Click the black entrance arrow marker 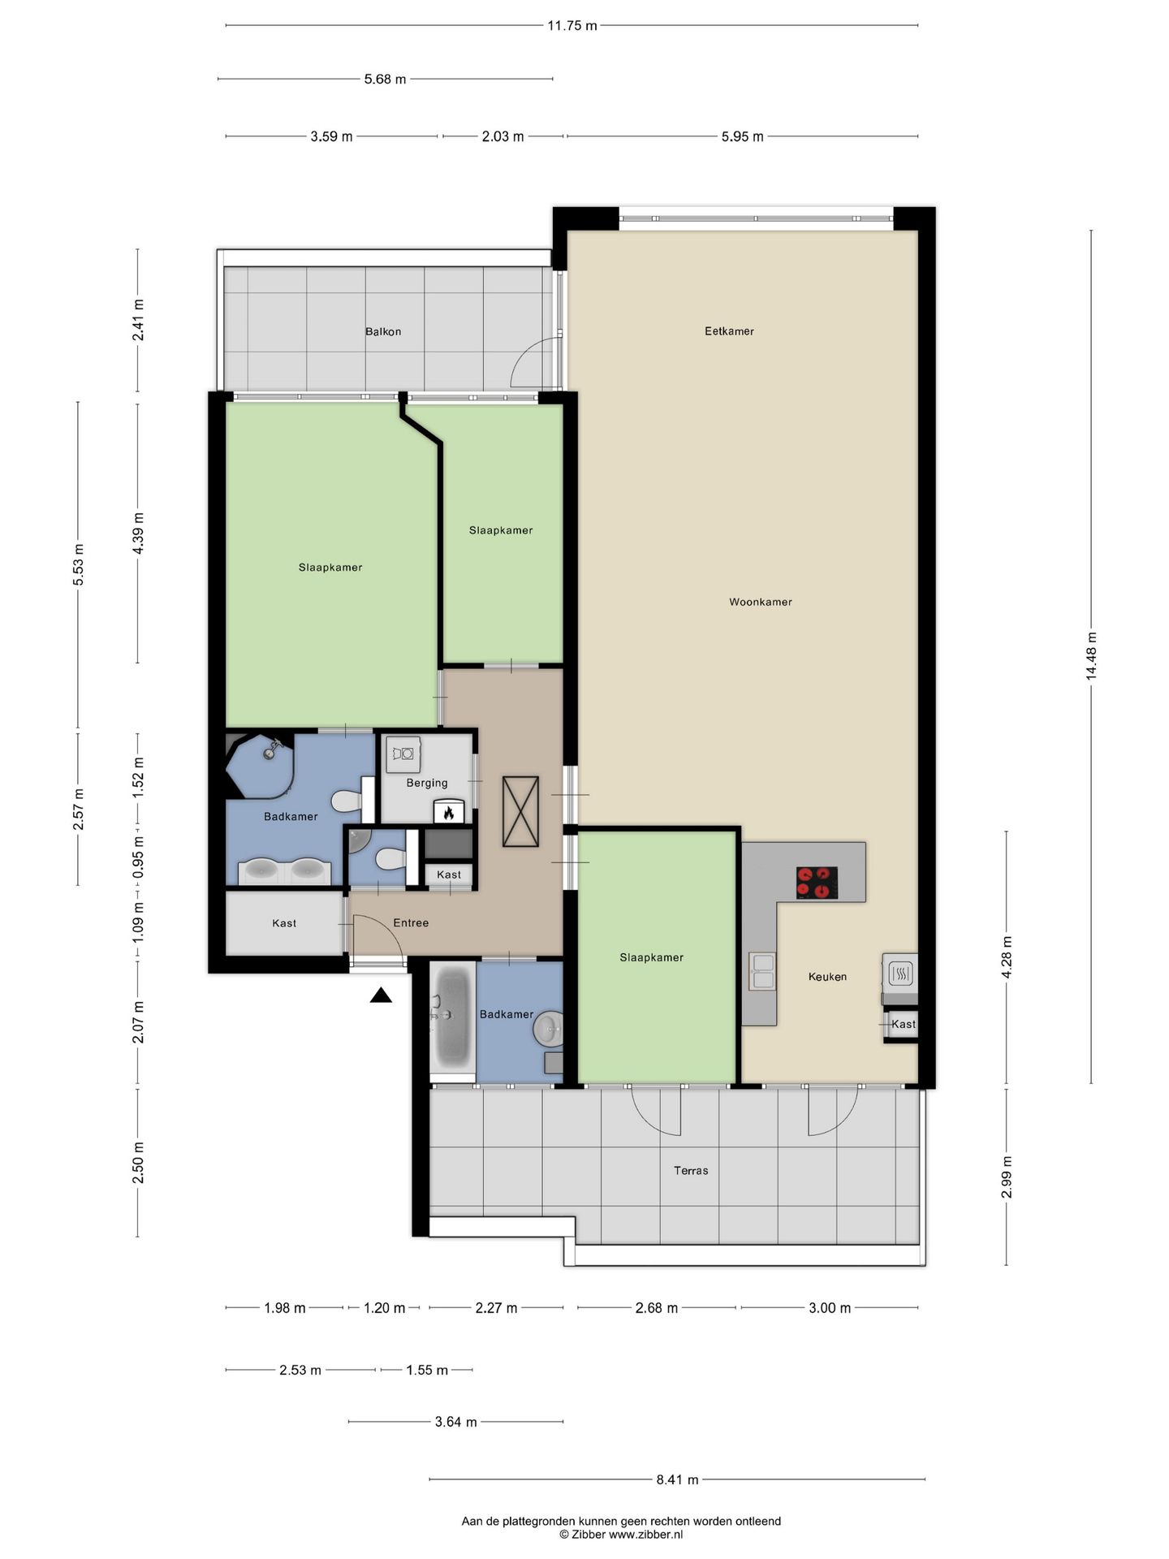[x=381, y=995]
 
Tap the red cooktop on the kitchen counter [x=817, y=883]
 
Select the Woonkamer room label [x=760, y=602]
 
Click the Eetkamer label [x=729, y=331]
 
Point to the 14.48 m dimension [x=1092, y=656]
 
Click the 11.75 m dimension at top [x=572, y=26]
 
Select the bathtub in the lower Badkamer [x=452, y=1019]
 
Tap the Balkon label [x=383, y=331]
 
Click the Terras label [x=691, y=1170]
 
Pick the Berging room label [x=427, y=783]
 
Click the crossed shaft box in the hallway [x=520, y=811]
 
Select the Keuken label [x=827, y=977]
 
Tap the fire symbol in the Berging [x=448, y=811]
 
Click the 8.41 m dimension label [x=677, y=1479]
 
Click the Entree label [x=411, y=922]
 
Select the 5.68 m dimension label [x=385, y=80]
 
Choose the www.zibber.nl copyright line [x=621, y=1534]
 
